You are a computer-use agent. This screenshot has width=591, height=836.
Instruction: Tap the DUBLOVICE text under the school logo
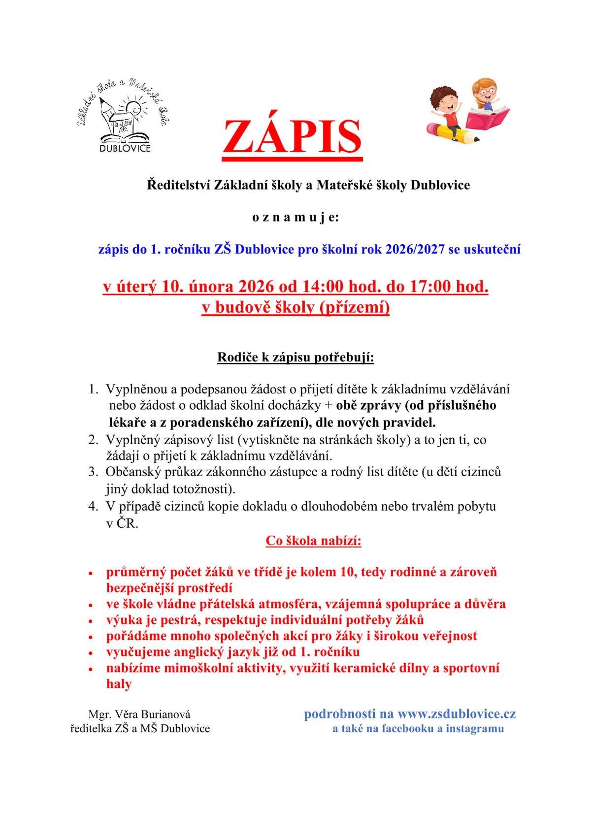point(125,148)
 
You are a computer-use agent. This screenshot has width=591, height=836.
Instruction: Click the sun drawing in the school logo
point(133,107)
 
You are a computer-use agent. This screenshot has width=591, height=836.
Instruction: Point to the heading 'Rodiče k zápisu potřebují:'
point(295,357)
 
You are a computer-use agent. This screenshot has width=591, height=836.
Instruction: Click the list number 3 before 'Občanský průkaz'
point(93,472)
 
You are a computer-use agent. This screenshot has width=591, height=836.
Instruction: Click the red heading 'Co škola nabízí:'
point(314,541)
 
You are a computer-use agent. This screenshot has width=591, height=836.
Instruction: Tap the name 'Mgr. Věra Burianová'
point(139,714)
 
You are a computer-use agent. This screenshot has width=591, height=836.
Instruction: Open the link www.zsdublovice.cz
point(457,714)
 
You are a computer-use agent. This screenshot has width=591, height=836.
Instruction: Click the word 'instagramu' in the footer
point(475,729)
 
